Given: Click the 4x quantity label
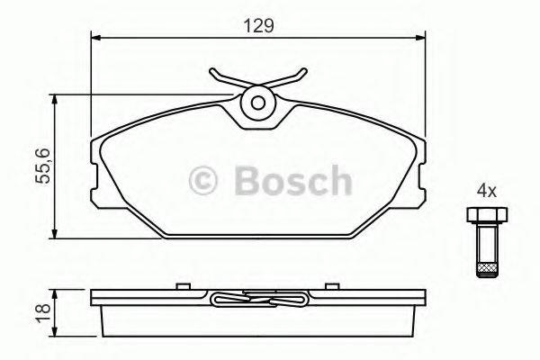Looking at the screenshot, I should pos(487,191).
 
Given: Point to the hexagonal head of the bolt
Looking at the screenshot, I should pos(486,215).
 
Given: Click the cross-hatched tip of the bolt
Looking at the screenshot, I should pos(486,266).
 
